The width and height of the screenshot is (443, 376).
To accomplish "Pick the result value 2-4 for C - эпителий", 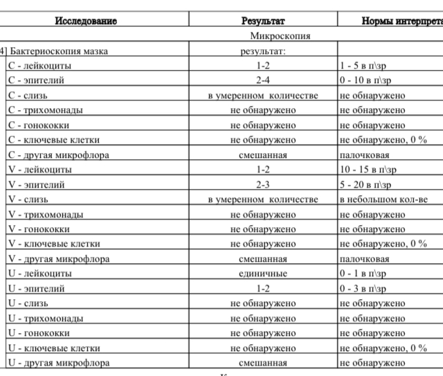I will (263, 80).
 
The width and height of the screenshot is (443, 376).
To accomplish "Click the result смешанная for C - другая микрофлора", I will (263, 155).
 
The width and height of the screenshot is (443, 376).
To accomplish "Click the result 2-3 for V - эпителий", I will (263, 185).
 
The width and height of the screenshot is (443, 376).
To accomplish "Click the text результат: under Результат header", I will (263, 51).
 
